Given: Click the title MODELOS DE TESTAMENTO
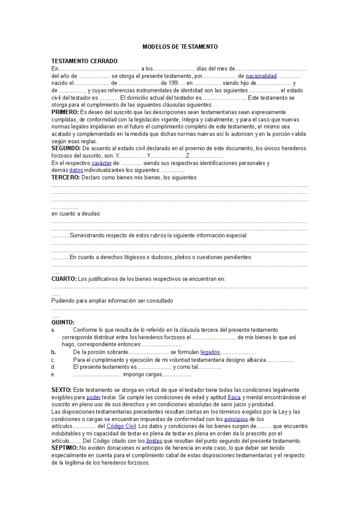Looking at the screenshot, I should tap(180, 47).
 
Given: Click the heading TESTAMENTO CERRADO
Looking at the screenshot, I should tap(84, 61).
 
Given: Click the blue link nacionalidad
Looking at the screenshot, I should tap(261, 76).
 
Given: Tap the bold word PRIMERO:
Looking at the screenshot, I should tap(65, 112).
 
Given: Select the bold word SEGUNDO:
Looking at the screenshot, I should tap(66, 148).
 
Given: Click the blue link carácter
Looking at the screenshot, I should tap(101, 163).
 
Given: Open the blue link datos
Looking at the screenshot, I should tap(76, 170).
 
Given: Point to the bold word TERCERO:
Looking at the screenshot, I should tap(65, 177).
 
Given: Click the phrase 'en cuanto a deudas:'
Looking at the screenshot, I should tap(76, 214).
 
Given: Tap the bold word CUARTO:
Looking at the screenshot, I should tap(64, 279).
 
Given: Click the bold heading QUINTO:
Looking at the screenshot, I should tap(63, 323).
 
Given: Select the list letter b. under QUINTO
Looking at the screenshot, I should tap(54, 352).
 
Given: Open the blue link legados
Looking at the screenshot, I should tap(210, 352).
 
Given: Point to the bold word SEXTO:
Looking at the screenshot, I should tap(61, 390).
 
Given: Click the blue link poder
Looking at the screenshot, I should tap(93, 397).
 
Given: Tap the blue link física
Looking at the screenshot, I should tap(234, 397).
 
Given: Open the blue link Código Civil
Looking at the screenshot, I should tap(121, 426).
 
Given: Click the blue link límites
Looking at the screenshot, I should tap(154, 441).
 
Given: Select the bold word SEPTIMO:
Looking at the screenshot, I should tap(64, 448).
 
